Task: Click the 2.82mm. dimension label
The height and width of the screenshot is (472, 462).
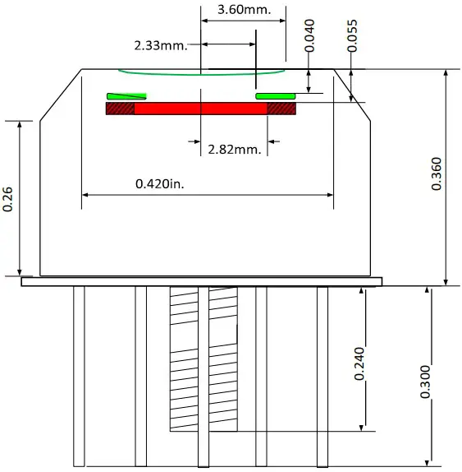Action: click(x=234, y=149)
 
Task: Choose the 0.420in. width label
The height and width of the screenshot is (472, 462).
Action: click(x=159, y=183)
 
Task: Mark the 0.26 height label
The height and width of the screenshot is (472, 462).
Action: click(x=7, y=198)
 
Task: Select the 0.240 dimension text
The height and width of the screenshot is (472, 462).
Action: click(x=359, y=363)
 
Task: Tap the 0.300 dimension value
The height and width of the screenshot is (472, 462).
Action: click(x=424, y=382)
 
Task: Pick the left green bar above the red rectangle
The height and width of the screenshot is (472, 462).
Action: click(x=126, y=96)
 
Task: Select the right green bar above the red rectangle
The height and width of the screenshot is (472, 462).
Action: click(x=275, y=96)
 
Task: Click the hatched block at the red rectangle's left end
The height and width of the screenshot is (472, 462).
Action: click(x=120, y=109)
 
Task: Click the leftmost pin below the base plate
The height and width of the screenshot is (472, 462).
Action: click(x=79, y=375)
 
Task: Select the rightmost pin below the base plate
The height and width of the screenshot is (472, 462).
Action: click(x=322, y=375)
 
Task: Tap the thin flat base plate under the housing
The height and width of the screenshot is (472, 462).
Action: click(x=202, y=281)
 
